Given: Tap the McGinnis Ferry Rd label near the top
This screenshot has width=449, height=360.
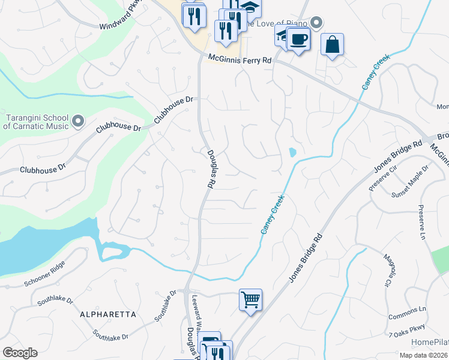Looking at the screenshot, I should coord(240,59).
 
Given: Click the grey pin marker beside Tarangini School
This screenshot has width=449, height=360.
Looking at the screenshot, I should coord(78,122).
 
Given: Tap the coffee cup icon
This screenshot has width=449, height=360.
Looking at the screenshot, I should coord(298,40).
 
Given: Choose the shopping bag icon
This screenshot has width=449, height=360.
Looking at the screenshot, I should coord(332,44).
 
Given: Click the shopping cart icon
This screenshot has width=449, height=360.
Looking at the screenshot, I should coord(250,299).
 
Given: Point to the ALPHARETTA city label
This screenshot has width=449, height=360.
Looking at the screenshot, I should coord(109,314).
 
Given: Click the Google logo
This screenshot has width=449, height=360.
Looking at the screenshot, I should coord(20,353).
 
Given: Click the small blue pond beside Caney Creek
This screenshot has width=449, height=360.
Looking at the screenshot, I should coord(292,152).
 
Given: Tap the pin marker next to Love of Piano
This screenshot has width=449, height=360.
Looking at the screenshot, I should coord(317,23).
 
